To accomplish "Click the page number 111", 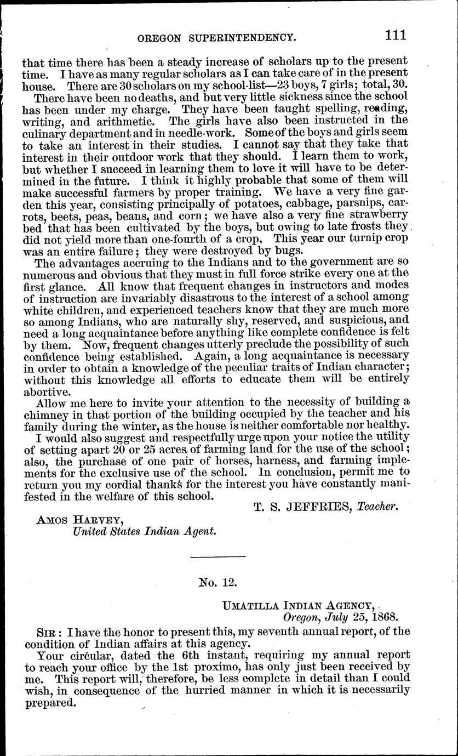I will [394, 36].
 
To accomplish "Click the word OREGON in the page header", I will [162, 38].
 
